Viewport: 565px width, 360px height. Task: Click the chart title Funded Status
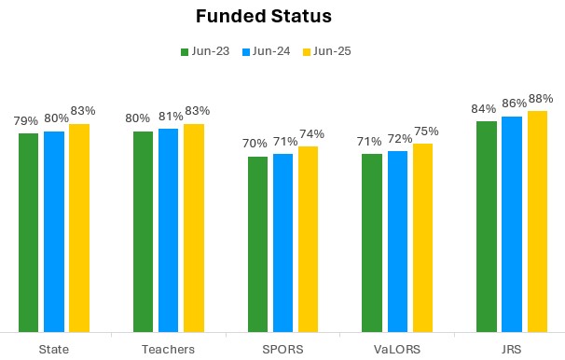[264, 17]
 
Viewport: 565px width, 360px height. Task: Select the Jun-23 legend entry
[204, 51]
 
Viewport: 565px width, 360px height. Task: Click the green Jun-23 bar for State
[28, 232]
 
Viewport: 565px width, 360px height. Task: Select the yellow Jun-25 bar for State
[79, 228]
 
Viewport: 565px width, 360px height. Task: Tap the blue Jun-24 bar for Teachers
[168, 230]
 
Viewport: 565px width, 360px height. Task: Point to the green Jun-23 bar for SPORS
[257, 243]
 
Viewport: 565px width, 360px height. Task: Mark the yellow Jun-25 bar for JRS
[537, 221]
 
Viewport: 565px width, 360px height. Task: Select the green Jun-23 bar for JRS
[486, 226]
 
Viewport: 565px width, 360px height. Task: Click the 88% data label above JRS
[541, 99]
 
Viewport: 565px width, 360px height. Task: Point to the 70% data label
[255, 145]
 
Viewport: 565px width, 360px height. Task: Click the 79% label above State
[26, 121]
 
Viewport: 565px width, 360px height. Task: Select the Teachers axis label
[169, 349]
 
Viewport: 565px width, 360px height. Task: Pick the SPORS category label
[282, 349]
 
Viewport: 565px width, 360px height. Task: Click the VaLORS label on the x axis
[397, 349]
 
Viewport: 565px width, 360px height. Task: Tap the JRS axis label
[512, 349]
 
